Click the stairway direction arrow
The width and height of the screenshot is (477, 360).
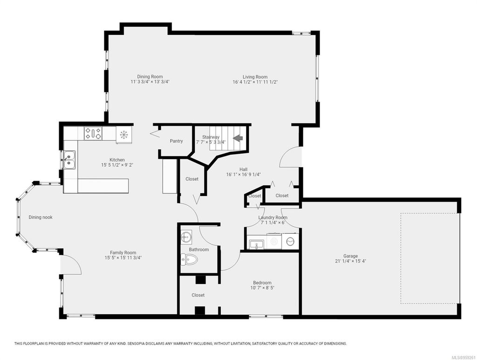coord(238,138)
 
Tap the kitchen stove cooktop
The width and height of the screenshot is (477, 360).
coord(93,134)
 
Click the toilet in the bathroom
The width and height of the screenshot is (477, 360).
coord(191,260)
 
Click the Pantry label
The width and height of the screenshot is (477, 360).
coord(176,141)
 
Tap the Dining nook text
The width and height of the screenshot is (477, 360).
coord(42,217)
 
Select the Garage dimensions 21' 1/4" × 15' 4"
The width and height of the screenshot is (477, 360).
coord(351,262)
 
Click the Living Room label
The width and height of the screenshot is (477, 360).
coord(255,77)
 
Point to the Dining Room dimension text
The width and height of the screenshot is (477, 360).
coord(150,82)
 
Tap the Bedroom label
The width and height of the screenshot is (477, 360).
coord(262,283)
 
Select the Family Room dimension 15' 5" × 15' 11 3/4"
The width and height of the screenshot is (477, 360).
coord(123,258)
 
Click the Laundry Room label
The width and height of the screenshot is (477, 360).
coord(273,217)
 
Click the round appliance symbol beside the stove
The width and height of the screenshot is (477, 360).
coord(124,135)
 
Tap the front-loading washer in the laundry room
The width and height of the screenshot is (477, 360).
coord(290,242)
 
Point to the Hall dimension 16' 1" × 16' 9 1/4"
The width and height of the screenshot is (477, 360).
coord(244,175)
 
